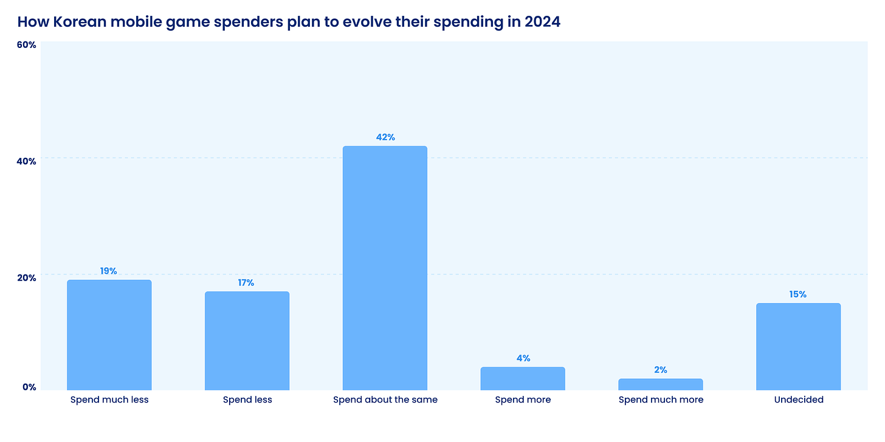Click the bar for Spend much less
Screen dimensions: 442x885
coord(109,335)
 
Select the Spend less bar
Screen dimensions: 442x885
coord(247,341)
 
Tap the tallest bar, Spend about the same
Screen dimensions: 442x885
coord(385,268)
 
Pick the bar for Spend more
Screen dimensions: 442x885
coord(523,378)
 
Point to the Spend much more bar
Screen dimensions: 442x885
coord(661,384)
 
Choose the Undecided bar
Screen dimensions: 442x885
coord(798,346)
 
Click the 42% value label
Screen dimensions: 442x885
coord(385,137)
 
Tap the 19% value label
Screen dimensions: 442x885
coord(109,271)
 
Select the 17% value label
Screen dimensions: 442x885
coord(246,283)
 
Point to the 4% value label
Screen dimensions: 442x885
coord(523,358)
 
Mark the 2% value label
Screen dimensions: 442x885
coord(661,370)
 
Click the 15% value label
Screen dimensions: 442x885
coord(798,294)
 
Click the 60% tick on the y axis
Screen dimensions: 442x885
coord(26,45)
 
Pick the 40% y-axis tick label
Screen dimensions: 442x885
coord(26,161)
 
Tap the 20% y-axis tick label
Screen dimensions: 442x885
coord(26,277)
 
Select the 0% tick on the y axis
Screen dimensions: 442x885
coord(29,387)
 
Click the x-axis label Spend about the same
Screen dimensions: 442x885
coord(385,399)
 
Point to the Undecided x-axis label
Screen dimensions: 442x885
coord(799,399)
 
